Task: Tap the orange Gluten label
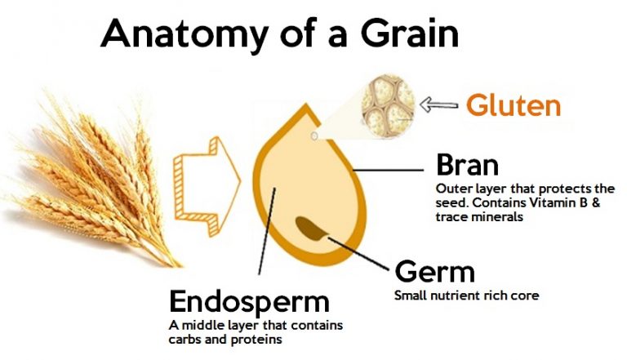513,105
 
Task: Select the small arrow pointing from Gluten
438,104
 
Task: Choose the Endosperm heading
249,301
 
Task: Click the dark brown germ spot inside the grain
311,228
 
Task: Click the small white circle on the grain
313,136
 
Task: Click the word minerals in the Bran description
497,216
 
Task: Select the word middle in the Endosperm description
202,326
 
